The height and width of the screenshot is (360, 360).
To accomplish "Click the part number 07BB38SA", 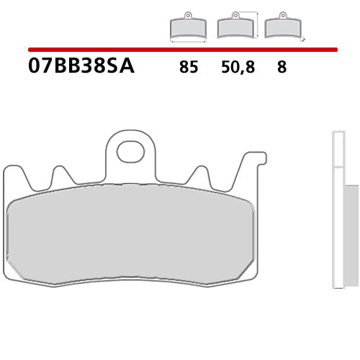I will pos(81,67).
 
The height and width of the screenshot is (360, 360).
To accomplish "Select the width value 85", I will pos(189,68).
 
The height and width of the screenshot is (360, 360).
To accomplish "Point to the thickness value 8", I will pos(281,68).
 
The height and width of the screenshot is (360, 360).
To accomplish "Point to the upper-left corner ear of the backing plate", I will pos(11,171).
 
